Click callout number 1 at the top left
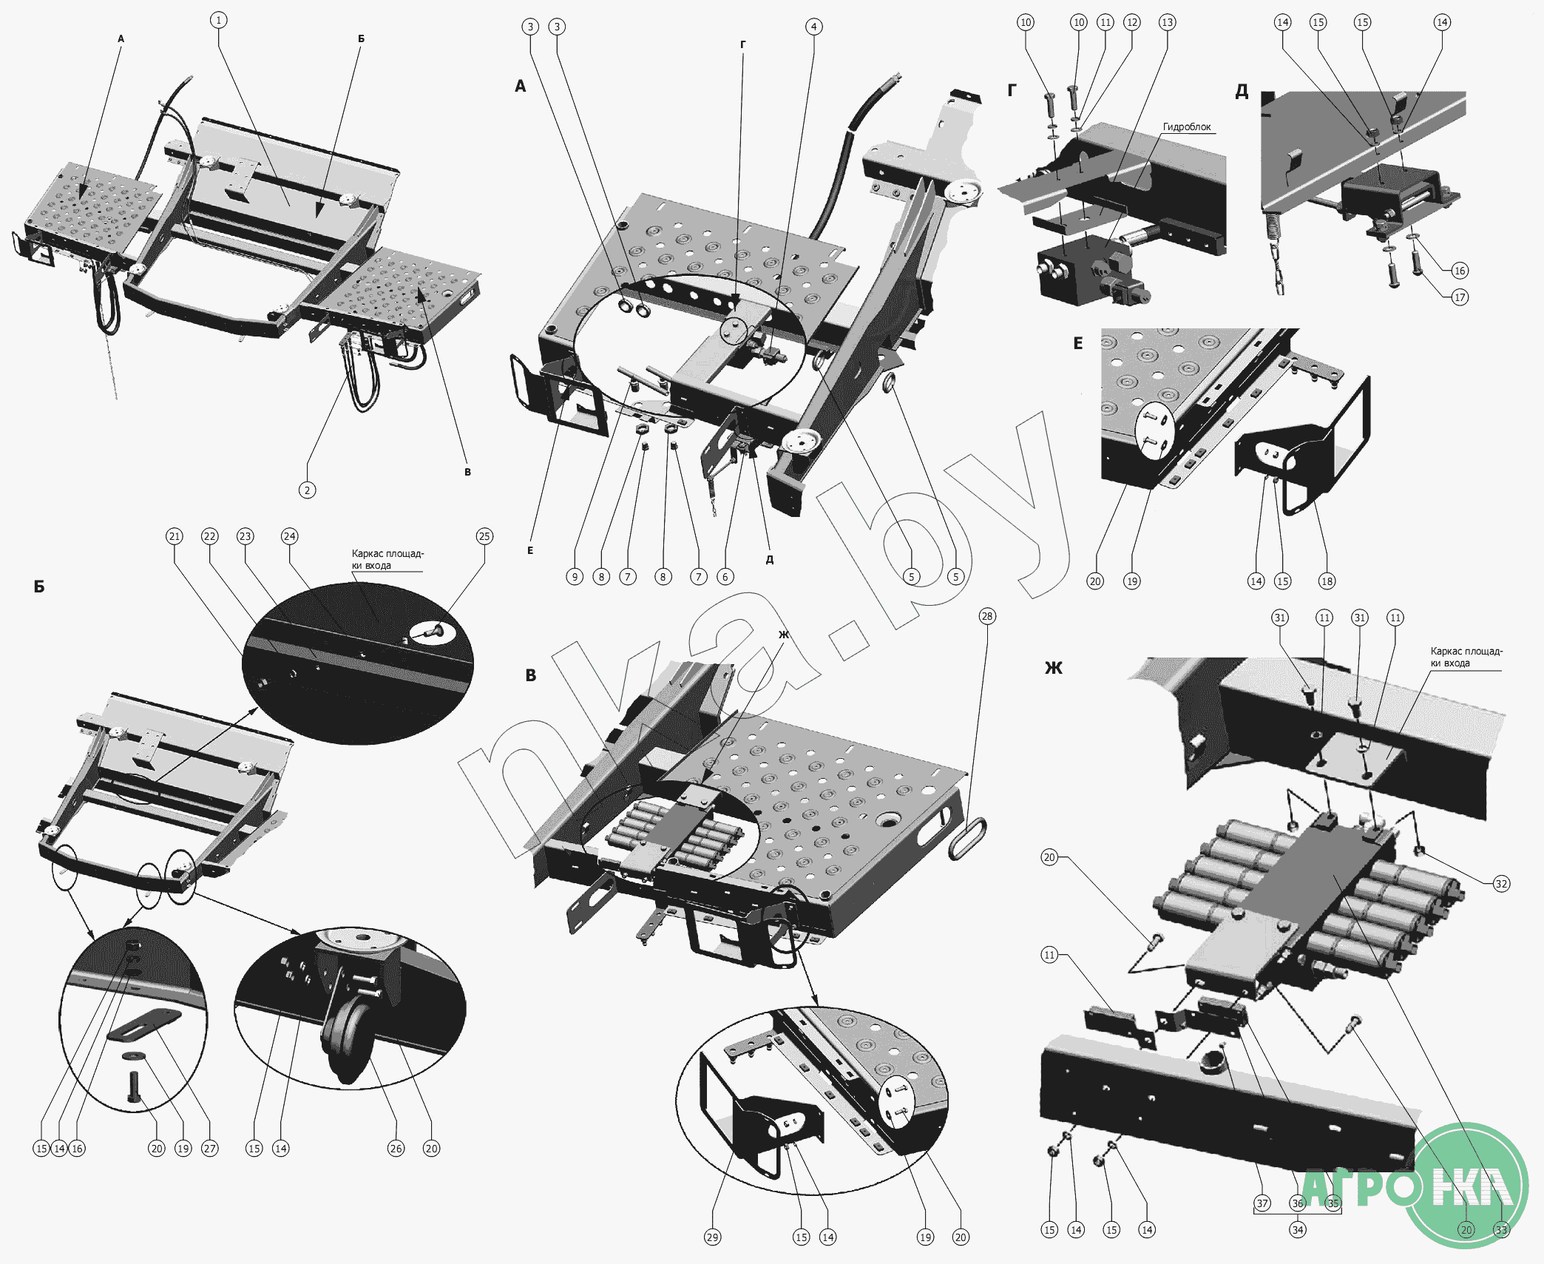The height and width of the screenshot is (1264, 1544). coord(218,20)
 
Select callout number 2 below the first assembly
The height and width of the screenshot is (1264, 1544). coord(307,490)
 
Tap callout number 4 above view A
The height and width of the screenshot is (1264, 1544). coord(813,27)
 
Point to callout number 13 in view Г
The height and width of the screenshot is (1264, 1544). coord(1167,22)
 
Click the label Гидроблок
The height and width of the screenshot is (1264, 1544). coord(1187,127)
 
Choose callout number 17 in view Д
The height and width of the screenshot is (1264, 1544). coord(1459,297)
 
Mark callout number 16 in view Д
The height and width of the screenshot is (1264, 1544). coord(1459,271)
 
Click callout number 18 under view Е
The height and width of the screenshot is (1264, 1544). coord(1327,581)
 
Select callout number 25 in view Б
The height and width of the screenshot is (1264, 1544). coord(484,536)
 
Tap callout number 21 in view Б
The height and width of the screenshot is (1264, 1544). coord(174,536)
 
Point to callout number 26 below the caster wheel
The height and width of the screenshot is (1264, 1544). coord(396,1149)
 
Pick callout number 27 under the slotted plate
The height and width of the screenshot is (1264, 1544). coord(209,1149)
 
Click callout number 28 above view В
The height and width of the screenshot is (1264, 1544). coord(986,616)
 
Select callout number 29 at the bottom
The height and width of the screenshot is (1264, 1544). coord(712,1237)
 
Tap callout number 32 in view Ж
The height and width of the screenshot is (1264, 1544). coord(1501,884)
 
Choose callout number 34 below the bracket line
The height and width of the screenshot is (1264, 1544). coord(1297,1230)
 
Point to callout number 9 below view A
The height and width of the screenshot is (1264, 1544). coord(575,577)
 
